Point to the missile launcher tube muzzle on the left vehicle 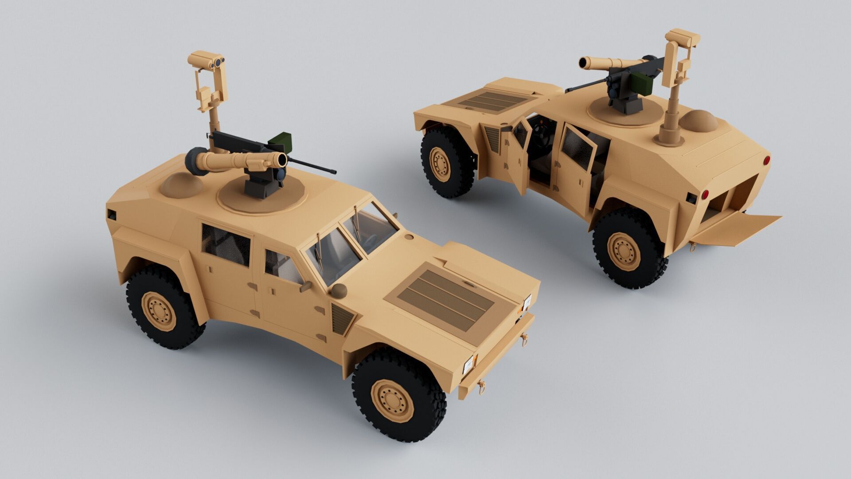click(280, 160)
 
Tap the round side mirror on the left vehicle click(339, 291)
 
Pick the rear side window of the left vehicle click(226, 244)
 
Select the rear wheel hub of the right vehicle click(625, 252)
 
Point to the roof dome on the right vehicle click(698, 120)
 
